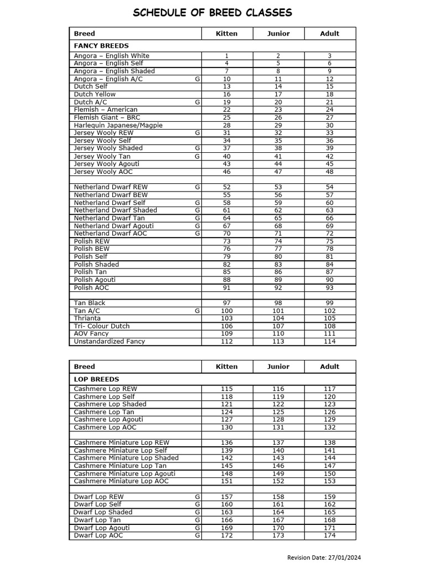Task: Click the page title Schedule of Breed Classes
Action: (212, 13)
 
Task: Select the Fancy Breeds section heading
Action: (101, 46)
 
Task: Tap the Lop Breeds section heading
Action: (96, 379)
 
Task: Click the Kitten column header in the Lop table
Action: (226, 367)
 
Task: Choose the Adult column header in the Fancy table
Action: (329, 34)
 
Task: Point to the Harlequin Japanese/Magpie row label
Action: (118, 125)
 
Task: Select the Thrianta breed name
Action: (87, 318)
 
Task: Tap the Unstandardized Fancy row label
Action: (110, 341)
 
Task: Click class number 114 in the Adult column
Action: (329, 341)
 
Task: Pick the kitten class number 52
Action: (226, 187)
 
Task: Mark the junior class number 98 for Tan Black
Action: (278, 303)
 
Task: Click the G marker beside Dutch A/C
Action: (197, 102)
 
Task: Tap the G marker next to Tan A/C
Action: (197, 311)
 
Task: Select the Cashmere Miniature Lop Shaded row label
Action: (126, 458)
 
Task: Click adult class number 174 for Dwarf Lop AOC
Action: (329, 535)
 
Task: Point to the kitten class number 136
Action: (226, 442)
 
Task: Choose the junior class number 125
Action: (278, 412)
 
